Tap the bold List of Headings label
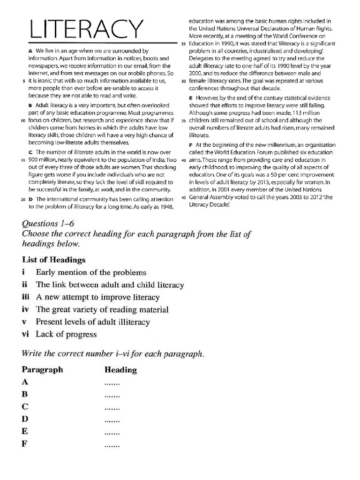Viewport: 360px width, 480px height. point(53,259)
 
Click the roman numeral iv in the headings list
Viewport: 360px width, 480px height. point(25,309)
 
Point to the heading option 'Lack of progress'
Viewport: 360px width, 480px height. point(66,334)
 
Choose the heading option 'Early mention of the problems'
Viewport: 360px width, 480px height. point(91,272)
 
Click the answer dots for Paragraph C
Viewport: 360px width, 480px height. point(112,407)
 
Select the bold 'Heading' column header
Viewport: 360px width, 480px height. point(120,370)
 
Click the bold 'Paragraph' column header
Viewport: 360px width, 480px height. point(42,370)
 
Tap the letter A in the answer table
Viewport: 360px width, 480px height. point(25,382)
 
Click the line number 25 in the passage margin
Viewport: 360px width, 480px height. point(184,44)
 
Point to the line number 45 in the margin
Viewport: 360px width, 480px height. point(184,197)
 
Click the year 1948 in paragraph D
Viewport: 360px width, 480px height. point(165,207)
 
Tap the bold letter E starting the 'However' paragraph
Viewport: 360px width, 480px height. point(191,98)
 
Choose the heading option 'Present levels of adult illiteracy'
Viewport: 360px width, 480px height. point(92,322)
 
